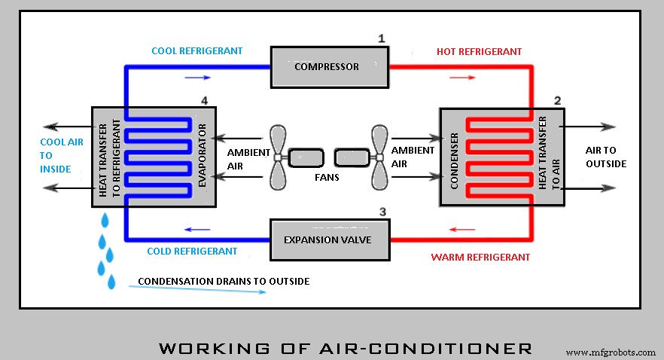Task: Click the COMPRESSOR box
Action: pyautogui.click(x=327, y=66)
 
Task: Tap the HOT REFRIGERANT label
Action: pyautogui.click(x=479, y=51)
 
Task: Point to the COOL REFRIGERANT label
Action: pyautogui.click(x=196, y=51)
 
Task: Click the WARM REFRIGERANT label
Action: pyautogui.click(x=480, y=257)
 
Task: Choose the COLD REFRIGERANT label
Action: pyautogui.click(x=192, y=251)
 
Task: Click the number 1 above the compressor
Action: pyautogui.click(x=381, y=38)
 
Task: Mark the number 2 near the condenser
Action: pyautogui.click(x=557, y=100)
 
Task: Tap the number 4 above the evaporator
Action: pyautogui.click(x=204, y=100)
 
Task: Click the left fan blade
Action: pyautogui.click(x=276, y=157)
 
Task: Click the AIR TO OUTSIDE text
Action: pyautogui.click(x=605, y=157)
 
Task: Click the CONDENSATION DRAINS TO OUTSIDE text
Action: pyautogui.click(x=223, y=281)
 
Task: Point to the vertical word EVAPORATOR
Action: pyautogui.click(x=203, y=156)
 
